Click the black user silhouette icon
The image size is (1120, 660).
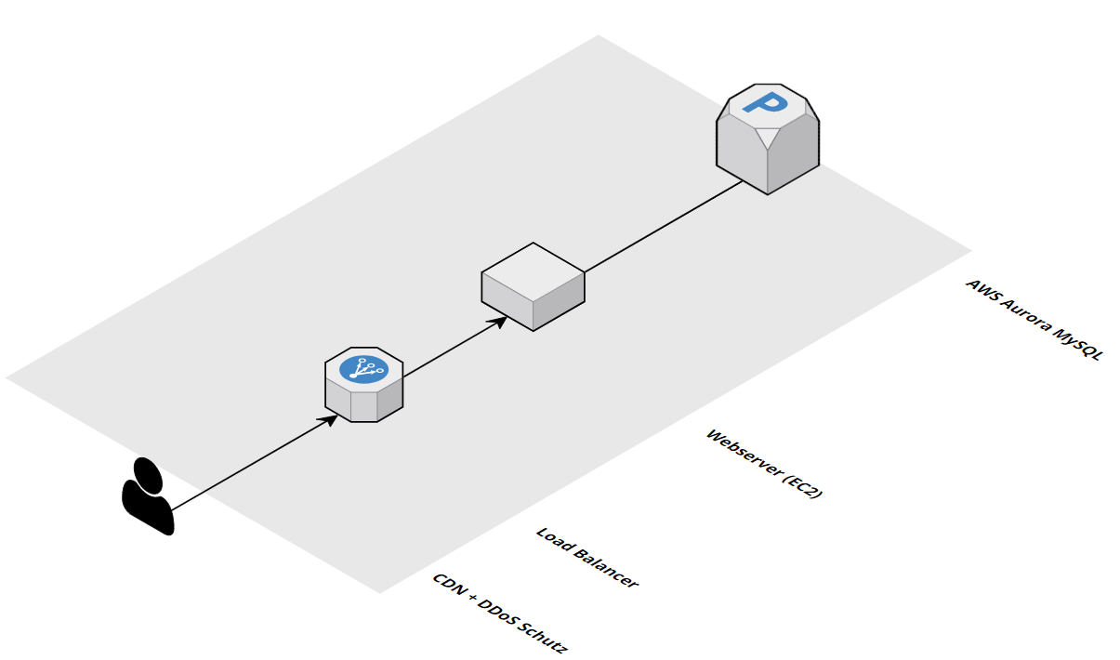[x=148, y=498]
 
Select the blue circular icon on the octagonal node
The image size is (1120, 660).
[x=363, y=369]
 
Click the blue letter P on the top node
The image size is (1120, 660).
[x=770, y=102]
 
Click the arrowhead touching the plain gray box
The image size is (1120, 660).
[x=501, y=321]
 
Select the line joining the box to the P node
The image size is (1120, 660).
[x=662, y=226]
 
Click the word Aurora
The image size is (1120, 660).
[x=1021, y=315]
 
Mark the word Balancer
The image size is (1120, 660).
[x=603, y=568]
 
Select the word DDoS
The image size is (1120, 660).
[x=497, y=613]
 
